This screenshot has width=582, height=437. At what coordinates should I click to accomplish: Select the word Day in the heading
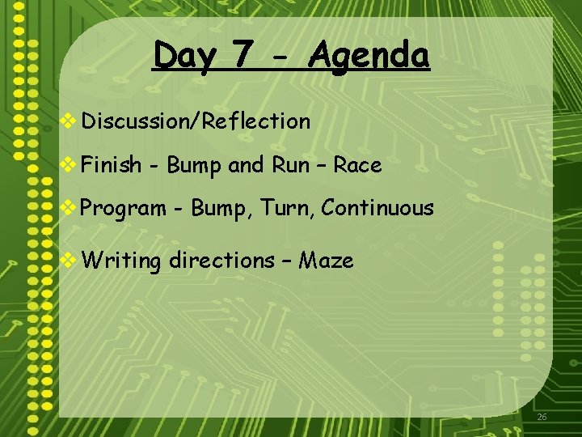click(x=185, y=57)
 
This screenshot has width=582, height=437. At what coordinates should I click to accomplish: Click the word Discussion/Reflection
click(x=196, y=121)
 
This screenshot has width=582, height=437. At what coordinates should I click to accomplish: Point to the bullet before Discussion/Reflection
click(x=70, y=121)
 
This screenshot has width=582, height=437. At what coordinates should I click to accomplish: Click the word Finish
click(x=112, y=165)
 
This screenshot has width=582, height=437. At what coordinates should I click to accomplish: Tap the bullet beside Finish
click(x=70, y=165)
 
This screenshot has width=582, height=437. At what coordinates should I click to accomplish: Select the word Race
click(x=357, y=165)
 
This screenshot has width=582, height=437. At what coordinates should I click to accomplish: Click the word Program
click(x=124, y=209)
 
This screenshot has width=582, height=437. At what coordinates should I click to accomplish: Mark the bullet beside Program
click(x=70, y=208)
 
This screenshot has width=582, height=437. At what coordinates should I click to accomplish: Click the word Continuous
click(x=377, y=209)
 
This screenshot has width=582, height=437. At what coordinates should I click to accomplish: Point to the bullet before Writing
click(x=70, y=260)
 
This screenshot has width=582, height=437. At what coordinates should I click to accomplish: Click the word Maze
click(x=326, y=261)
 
